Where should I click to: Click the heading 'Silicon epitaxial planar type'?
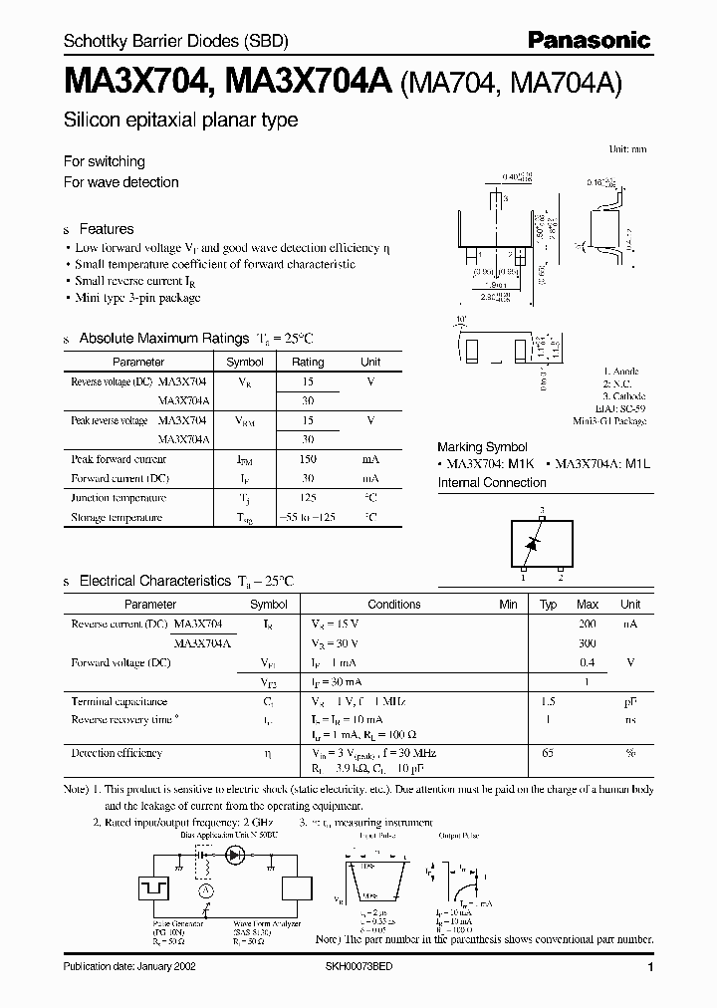tap(180, 120)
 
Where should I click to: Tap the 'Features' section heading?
tap(107, 228)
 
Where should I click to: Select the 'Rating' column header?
tap(308, 363)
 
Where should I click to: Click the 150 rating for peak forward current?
tap(308, 459)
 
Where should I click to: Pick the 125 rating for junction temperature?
tap(308, 498)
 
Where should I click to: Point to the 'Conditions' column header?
tap(394, 604)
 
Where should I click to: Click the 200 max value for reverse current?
tap(588, 623)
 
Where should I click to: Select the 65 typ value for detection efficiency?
tap(548, 753)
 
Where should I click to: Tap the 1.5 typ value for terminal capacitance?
tap(548, 701)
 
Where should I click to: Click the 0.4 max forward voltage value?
tap(588, 662)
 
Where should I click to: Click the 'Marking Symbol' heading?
tap(482, 447)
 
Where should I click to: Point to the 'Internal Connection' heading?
tap(492, 483)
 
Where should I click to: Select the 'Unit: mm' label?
tap(627, 148)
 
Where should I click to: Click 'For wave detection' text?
tap(120, 182)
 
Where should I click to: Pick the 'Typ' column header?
tap(548, 604)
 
